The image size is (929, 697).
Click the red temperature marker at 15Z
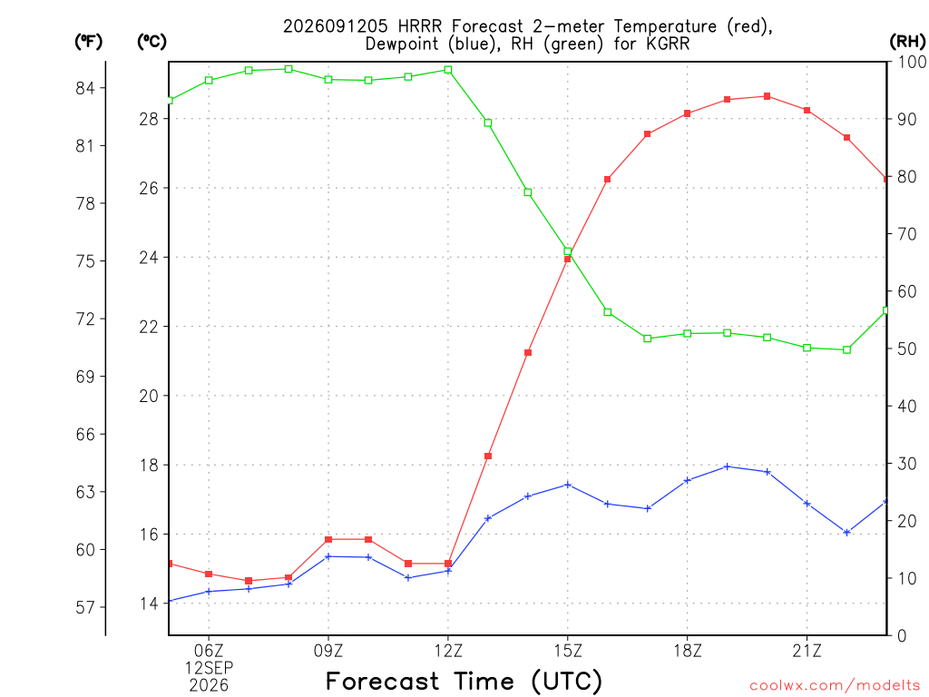point(568,259)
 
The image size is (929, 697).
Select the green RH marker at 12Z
point(448,70)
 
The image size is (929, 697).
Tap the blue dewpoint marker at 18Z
point(688,480)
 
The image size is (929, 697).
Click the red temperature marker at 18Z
point(688,113)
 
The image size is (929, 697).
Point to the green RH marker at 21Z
point(807,348)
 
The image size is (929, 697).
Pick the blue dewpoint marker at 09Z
point(328,556)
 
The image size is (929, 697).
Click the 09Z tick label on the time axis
point(328,651)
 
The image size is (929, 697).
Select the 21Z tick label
point(807,651)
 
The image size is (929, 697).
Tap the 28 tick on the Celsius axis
point(150,119)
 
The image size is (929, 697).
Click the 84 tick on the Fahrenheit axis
point(85,88)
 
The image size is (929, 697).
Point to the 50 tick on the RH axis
point(906,348)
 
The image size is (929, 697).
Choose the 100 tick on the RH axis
point(912,62)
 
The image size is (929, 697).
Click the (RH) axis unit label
point(907,42)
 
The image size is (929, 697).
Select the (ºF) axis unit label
point(88,42)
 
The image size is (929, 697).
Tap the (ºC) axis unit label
point(152,42)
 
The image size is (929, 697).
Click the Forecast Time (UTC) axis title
point(464,682)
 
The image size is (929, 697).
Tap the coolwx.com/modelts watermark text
point(835,686)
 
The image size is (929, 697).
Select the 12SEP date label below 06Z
point(209,668)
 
